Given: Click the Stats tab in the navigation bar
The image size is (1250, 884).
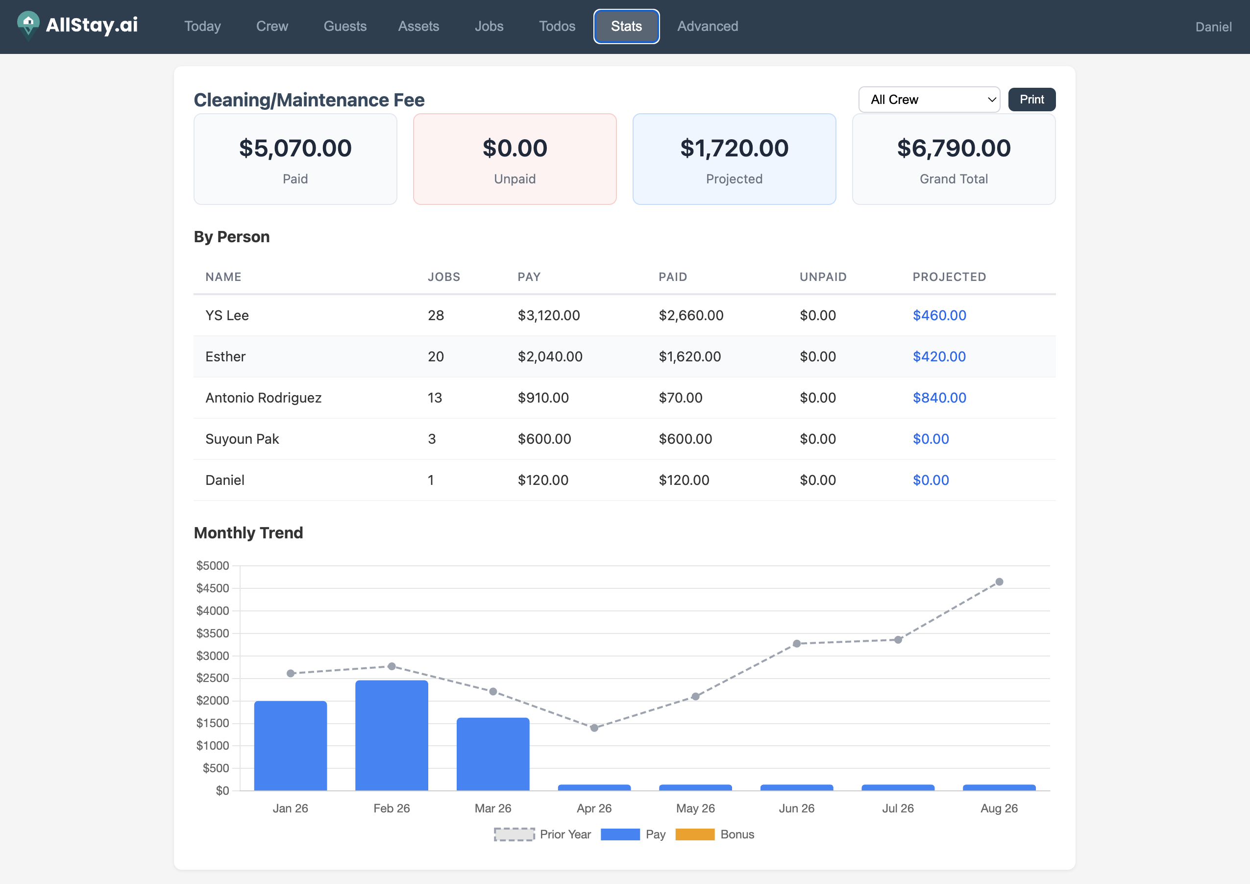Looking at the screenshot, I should (x=626, y=26).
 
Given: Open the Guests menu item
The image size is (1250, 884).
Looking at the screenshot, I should (x=344, y=26).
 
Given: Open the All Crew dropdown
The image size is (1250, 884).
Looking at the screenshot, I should (x=928, y=100).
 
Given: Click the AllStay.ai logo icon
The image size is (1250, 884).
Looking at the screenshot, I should (x=28, y=25).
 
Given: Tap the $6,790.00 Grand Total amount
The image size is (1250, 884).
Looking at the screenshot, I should (x=953, y=148).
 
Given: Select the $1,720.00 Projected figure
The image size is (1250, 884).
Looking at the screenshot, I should (x=734, y=148).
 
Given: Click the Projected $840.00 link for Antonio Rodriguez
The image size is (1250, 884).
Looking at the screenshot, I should (x=939, y=398).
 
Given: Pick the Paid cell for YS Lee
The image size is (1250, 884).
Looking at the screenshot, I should (x=691, y=315).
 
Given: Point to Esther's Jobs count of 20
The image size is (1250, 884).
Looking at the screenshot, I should (x=436, y=357).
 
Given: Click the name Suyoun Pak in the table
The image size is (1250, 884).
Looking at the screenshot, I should (x=242, y=439).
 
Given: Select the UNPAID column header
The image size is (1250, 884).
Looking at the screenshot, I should (x=823, y=277).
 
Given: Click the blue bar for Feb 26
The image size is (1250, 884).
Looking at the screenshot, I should (x=392, y=735).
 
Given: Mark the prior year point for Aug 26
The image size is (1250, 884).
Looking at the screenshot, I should (x=999, y=581).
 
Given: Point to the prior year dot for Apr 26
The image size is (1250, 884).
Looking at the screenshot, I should (x=594, y=728).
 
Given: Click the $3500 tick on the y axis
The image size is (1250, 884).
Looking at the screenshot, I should (x=212, y=633).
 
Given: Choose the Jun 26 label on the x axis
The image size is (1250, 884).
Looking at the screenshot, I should (x=796, y=808).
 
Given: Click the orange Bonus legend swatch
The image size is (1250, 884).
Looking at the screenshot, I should (x=694, y=834).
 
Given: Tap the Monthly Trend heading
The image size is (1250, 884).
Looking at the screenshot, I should (x=248, y=532).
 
